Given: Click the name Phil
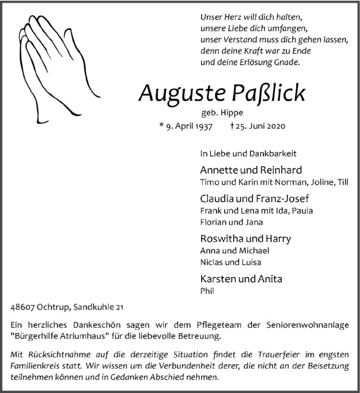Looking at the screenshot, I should click(207, 291).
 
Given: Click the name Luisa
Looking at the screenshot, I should click(251, 262).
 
